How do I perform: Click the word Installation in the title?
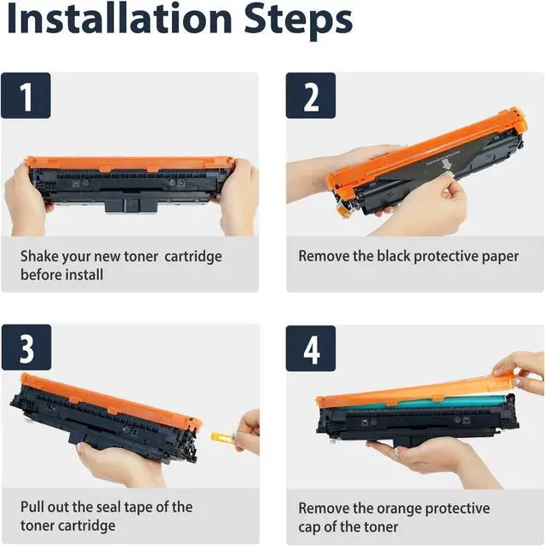point(119,19)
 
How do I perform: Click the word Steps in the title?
point(298,21)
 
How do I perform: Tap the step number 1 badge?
point(26,95)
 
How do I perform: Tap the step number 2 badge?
point(311,95)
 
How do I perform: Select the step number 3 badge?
point(26,348)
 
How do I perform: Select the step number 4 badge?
point(311,348)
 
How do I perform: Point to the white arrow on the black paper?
point(445,164)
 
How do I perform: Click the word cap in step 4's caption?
point(309,527)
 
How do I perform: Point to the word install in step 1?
point(84,275)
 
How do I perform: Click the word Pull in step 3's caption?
point(32,507)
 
